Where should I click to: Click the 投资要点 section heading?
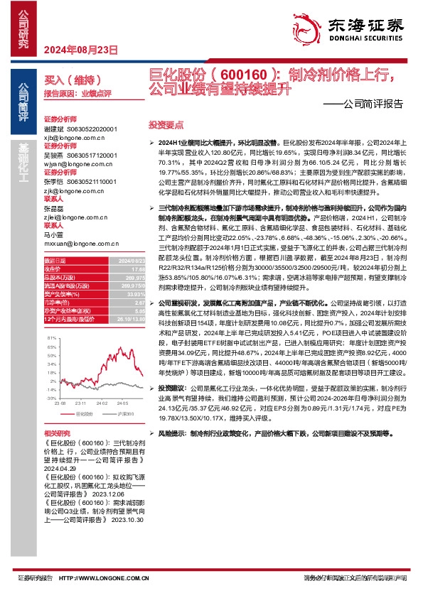pos(161,124)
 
